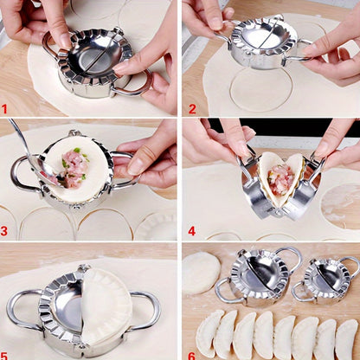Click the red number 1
tap(5, 110)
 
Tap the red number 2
tap(192, 110)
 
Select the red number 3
tap(5, 231)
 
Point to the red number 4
tap(192, 231)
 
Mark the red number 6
tap(192, 354)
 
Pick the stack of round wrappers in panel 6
tap(200, 273)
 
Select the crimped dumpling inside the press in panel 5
tap(106, 307)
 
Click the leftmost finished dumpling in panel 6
tap(209, 334)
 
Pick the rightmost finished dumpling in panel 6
tap(347, 337)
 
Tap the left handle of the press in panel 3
tap(22, 173)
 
